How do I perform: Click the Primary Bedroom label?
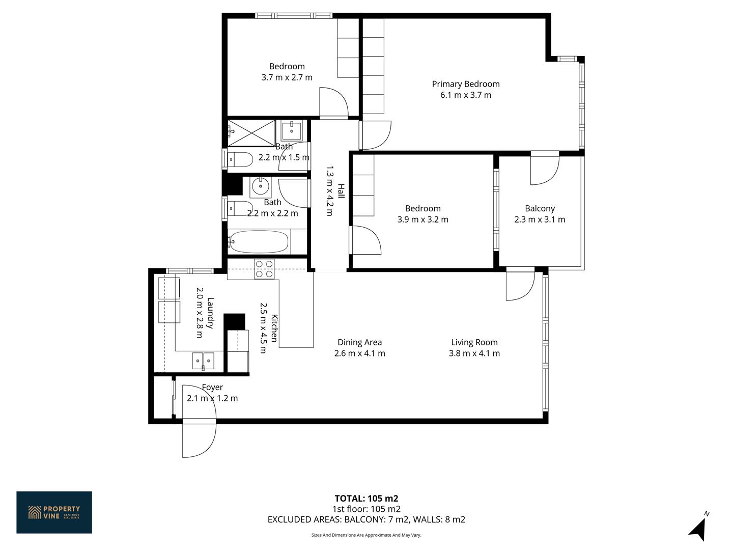(x=466, y=84)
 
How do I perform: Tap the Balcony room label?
(x=540, y=208)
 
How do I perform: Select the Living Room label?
(x=474, y=342)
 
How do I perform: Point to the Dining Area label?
(x=360, y=342)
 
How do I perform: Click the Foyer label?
(x=212, y=387)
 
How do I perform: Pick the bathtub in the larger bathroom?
(x=259, y=241)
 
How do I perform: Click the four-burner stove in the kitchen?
(x=264, y=269)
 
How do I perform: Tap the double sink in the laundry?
(x=203, y=361)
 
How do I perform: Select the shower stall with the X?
(x=251, y=133)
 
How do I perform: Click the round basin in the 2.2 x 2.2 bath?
(x=261, y=186)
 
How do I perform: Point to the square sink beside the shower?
(x=292, y=130)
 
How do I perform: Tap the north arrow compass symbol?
(x=699, y=527)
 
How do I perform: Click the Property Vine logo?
(x=54, y=512)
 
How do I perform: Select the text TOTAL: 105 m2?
(x=366, y=498)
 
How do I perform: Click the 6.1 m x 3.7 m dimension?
(x=466, y=95)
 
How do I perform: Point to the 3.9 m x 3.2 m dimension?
(x=423, y=219)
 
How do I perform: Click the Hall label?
(x=341, y=191)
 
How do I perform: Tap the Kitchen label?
(x=274, y=328)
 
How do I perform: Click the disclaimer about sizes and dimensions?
(x=366, y=535)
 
